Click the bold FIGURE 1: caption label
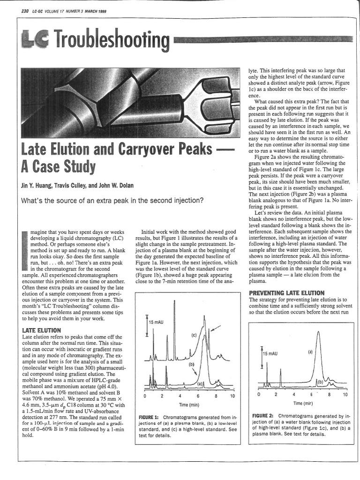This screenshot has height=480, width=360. tap(149, 417)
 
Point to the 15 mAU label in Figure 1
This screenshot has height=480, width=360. tap(157, 322)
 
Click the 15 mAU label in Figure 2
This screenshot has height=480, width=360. tap(270, 353)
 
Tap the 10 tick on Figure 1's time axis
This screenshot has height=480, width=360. tap(232, 396)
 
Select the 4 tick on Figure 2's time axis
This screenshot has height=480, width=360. tap(294, 395)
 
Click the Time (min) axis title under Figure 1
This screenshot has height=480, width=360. tap(188, 405)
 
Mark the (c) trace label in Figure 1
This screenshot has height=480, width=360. tap(193, 336)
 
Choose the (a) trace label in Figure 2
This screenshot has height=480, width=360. tap(310, 351)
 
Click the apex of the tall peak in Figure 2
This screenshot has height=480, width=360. tap(318, 332)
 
